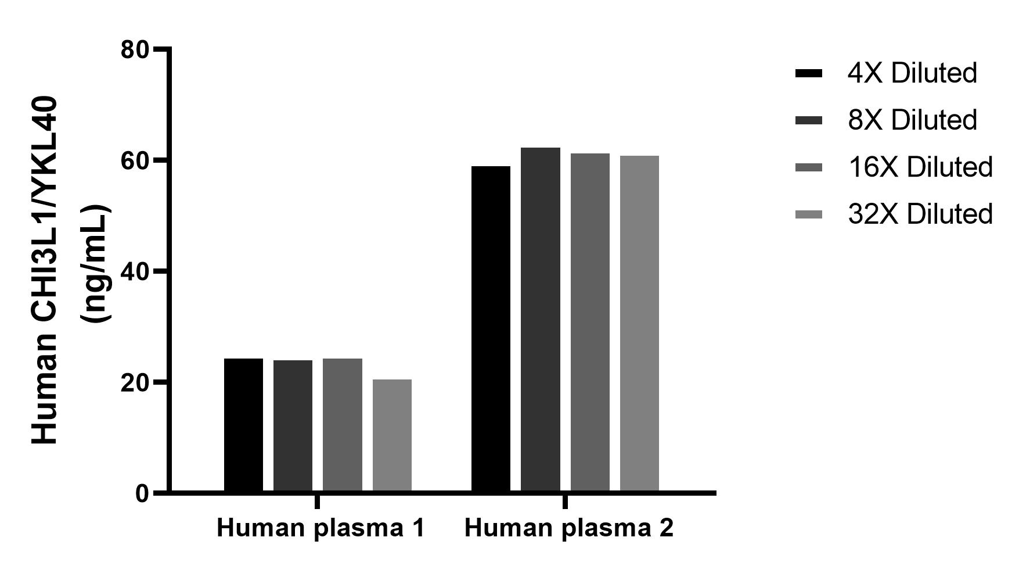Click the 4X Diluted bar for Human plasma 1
coord(243,425)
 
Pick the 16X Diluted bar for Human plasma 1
coord(343,425)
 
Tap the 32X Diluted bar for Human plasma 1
coord(392,436)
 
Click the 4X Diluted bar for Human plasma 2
coord(491,329)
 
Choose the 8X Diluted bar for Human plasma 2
coord(540,320)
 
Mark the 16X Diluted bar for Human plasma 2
coord(590,323)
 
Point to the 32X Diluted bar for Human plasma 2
coord(639,324)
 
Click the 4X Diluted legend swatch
coord(808,73)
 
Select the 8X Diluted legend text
coord(912,120)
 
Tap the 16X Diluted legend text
coord(920,167)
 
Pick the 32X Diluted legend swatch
coord(808,214)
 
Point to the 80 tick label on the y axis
coord(135,49)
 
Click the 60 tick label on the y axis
coord(135,160)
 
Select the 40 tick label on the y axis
coord(135,271)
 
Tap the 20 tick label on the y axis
coord(135,382)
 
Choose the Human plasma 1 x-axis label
coord(321,528)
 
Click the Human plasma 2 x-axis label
coord(569,528)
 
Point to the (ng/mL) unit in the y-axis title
coord(96,263)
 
